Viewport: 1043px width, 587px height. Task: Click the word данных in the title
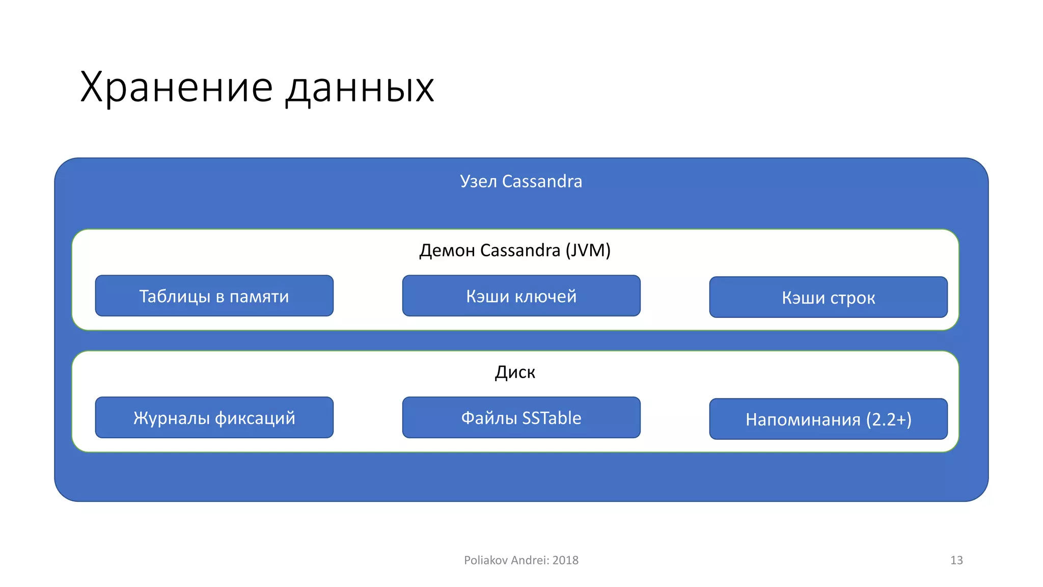click(360, 88)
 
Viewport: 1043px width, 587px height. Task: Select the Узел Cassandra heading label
click(520, 181)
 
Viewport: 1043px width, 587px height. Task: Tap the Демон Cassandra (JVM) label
click(514, 250)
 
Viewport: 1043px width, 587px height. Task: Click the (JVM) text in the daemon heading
click(588, 250)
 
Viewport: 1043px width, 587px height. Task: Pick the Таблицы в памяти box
click(214, 296)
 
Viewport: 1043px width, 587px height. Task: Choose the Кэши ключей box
click(521, 296)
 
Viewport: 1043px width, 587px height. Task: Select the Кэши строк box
click(828, 298)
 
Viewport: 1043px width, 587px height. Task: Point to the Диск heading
click(515, 372)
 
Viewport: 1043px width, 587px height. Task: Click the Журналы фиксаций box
click(214, 418)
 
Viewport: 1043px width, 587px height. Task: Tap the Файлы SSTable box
click(521, 418)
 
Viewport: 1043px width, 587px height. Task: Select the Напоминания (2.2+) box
click(828, 419)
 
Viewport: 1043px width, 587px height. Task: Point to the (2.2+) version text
click(888, 419)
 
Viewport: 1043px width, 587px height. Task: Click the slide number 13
click(956, 561)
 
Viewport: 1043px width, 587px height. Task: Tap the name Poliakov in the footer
click(485, 561)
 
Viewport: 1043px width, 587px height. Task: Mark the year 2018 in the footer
click(565, 561)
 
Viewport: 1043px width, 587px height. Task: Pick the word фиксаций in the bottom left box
click(255, 418)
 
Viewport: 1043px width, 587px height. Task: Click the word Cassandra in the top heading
click(542, 181)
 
